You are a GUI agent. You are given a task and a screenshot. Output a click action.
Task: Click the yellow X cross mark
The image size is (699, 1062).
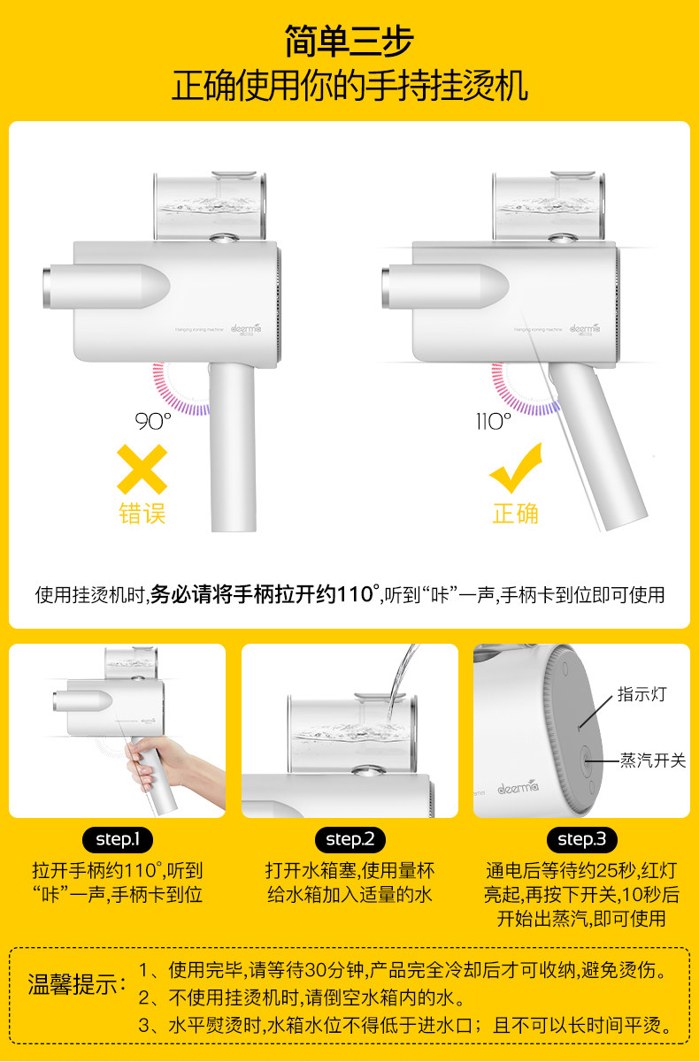(x=142, y=470)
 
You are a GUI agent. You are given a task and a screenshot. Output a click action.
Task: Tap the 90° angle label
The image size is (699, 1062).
(x=153, y=422)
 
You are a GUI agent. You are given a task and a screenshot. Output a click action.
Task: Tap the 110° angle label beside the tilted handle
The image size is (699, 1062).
(x=494, y=422)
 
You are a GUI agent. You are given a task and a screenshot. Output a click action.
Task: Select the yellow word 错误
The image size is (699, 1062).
(x=142, y=514)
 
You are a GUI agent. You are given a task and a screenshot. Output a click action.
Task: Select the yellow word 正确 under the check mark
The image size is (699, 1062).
(x=515, y=514)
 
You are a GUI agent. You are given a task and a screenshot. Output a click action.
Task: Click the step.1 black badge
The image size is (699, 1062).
(x=118, y=840)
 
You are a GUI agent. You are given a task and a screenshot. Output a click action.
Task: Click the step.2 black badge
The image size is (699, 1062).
(x=350, y=840)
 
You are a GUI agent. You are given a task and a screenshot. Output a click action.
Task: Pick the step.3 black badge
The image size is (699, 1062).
(x=582, y=840)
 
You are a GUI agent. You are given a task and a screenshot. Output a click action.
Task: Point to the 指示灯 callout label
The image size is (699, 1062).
(x=642, y=694)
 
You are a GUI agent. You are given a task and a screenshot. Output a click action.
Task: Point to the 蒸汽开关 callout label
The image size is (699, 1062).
(x=653, y=760)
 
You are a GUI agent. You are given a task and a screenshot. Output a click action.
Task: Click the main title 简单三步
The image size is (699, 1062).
(x=349, y=42)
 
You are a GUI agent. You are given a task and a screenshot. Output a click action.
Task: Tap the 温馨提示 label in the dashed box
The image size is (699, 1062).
(x=73, y=985)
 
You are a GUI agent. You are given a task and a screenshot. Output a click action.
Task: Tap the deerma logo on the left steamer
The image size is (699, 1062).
(x=246, y=329)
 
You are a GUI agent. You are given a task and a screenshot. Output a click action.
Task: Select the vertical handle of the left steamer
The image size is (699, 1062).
(x=233, y=447)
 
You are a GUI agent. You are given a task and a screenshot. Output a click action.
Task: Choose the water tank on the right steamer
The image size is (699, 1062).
(x=549, y=206)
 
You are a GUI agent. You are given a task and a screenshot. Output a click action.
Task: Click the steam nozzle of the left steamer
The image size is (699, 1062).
(x=106, y=287)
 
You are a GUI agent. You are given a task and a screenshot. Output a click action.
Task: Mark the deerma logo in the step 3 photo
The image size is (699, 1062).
(x=518, y=788)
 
